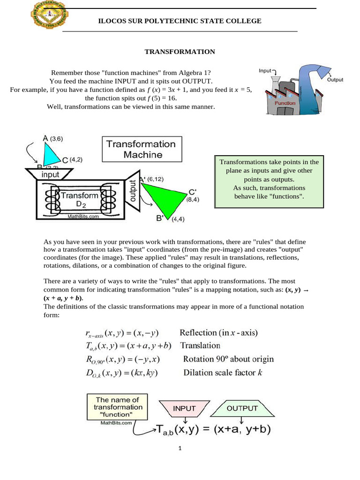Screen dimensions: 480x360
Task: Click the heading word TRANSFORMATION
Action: [180, 52]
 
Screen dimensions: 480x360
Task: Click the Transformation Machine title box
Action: [141, 149]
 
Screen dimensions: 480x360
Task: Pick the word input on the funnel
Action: [51, 174]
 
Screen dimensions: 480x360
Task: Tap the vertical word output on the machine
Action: [132, 191]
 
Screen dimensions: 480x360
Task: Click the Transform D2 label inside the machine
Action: [80, 199]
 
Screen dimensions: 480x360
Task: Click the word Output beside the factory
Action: [335, 80]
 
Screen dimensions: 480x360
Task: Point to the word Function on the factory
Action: [285, 103]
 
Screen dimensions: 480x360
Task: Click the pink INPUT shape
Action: [184, 408]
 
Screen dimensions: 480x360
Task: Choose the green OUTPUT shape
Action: [242, 408]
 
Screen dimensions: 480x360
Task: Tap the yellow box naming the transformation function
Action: [115, 408]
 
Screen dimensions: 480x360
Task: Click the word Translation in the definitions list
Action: [200, 346]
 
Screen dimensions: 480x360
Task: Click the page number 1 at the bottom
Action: [180, 449]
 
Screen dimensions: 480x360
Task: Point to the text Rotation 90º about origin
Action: [228, 360]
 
